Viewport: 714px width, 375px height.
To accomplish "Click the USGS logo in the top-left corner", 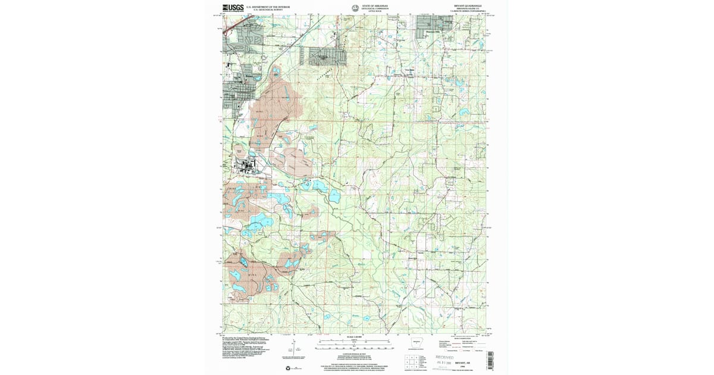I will click(x=230, y=8).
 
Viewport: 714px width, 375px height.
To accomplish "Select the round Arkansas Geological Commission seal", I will click(x=355, y=8).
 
